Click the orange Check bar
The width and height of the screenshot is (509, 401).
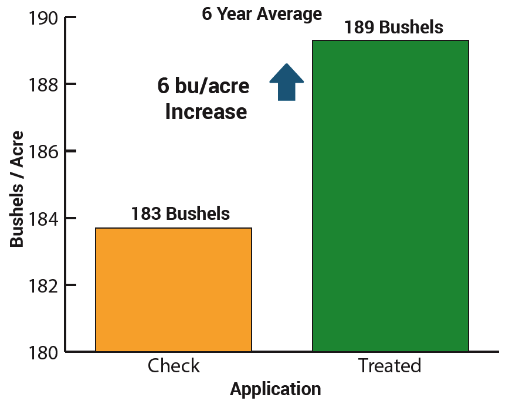tap(174, 290)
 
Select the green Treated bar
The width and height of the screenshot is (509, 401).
tap(391, 196)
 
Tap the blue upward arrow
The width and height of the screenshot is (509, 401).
tap(287, 82)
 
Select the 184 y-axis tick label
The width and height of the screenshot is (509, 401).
tap(43, 219)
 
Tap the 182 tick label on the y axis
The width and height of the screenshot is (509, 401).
tap(43, 286)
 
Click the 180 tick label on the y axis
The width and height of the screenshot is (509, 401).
tap(43, 352)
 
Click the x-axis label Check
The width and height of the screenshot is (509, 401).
tap(174, 366)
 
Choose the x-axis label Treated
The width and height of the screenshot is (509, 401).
tap(389, 366)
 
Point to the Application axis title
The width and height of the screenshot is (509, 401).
tap(276, 389)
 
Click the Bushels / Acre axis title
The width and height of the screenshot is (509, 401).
tap(17, 189)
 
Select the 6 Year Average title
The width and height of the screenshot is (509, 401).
tap(262, 14)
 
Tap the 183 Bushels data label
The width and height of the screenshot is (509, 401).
tap(181, 213)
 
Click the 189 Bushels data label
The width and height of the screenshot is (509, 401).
tap(393, 27)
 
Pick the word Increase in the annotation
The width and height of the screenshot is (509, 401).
tap(206, 111)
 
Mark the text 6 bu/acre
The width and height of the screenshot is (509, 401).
tap(203, 86)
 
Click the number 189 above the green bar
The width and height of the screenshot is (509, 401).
tap(359, 27)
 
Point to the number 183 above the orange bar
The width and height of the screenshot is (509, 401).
tap(147, 214)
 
